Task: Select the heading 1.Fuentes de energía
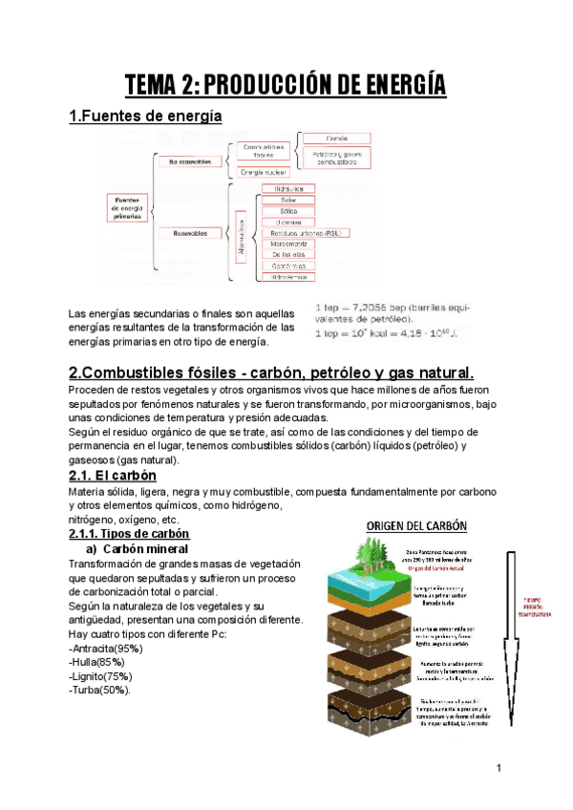click(x=145, y=117)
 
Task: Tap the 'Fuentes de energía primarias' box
click(x=126, y=208)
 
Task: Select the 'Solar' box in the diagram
click(x=287, y=200)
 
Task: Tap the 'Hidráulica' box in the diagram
click(x=287, y=189)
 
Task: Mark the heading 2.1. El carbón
click(x=113, y=475)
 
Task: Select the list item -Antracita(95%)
click(x=106, y=649)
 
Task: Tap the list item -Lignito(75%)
click(x=103, y=676)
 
